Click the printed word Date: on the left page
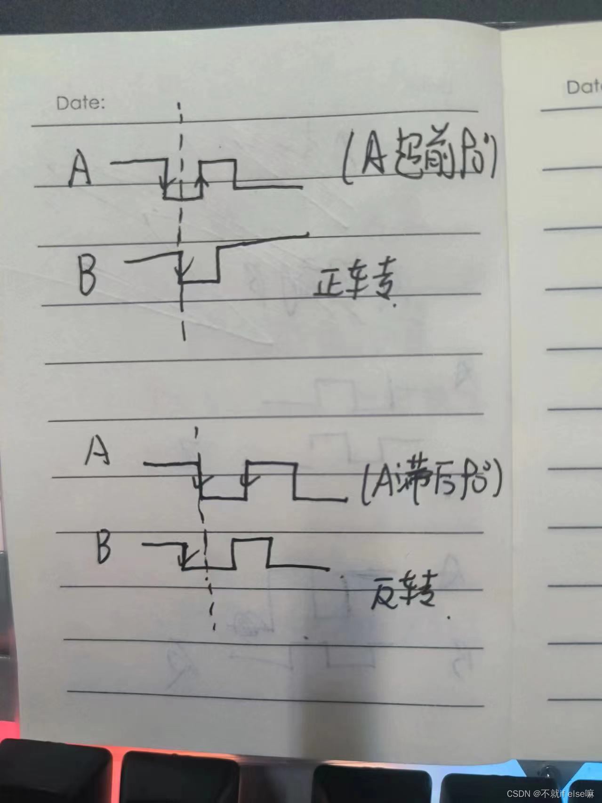coord(80,103)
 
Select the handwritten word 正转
coord(353,285)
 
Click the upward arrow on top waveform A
coord(203,181)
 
